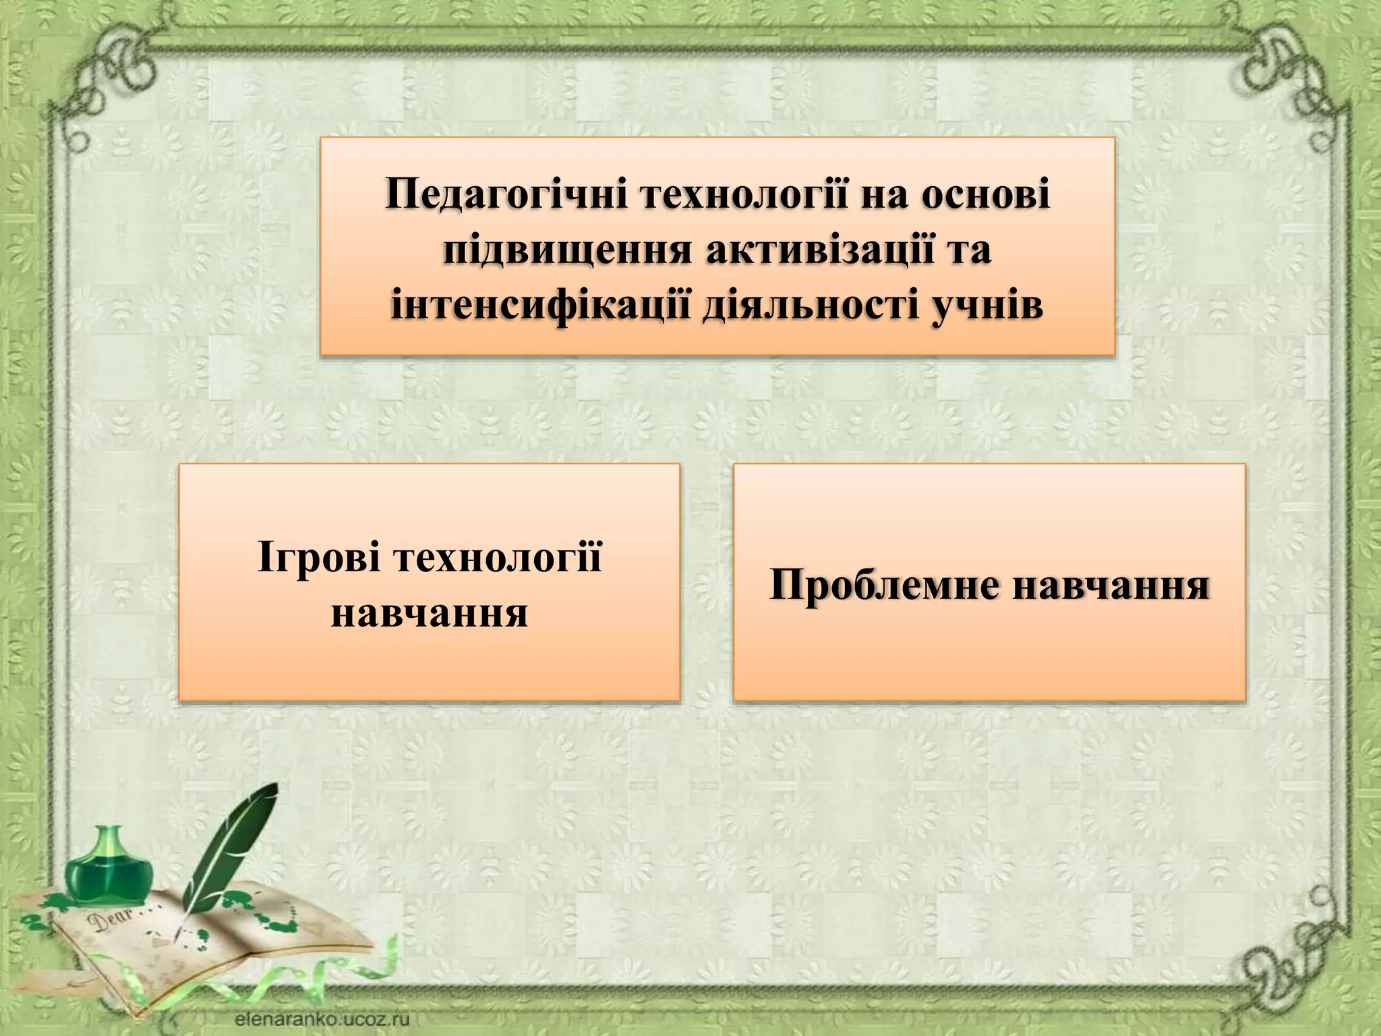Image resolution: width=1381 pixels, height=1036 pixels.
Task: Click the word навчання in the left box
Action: (429, 613)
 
